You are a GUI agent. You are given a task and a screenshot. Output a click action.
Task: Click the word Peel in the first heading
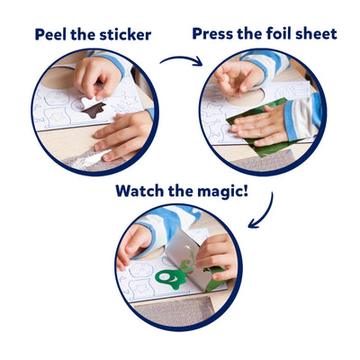click(53, 35)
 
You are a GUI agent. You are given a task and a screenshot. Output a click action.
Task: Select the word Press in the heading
click(215, 34)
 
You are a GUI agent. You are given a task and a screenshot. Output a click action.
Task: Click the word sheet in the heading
click(317, 34)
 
